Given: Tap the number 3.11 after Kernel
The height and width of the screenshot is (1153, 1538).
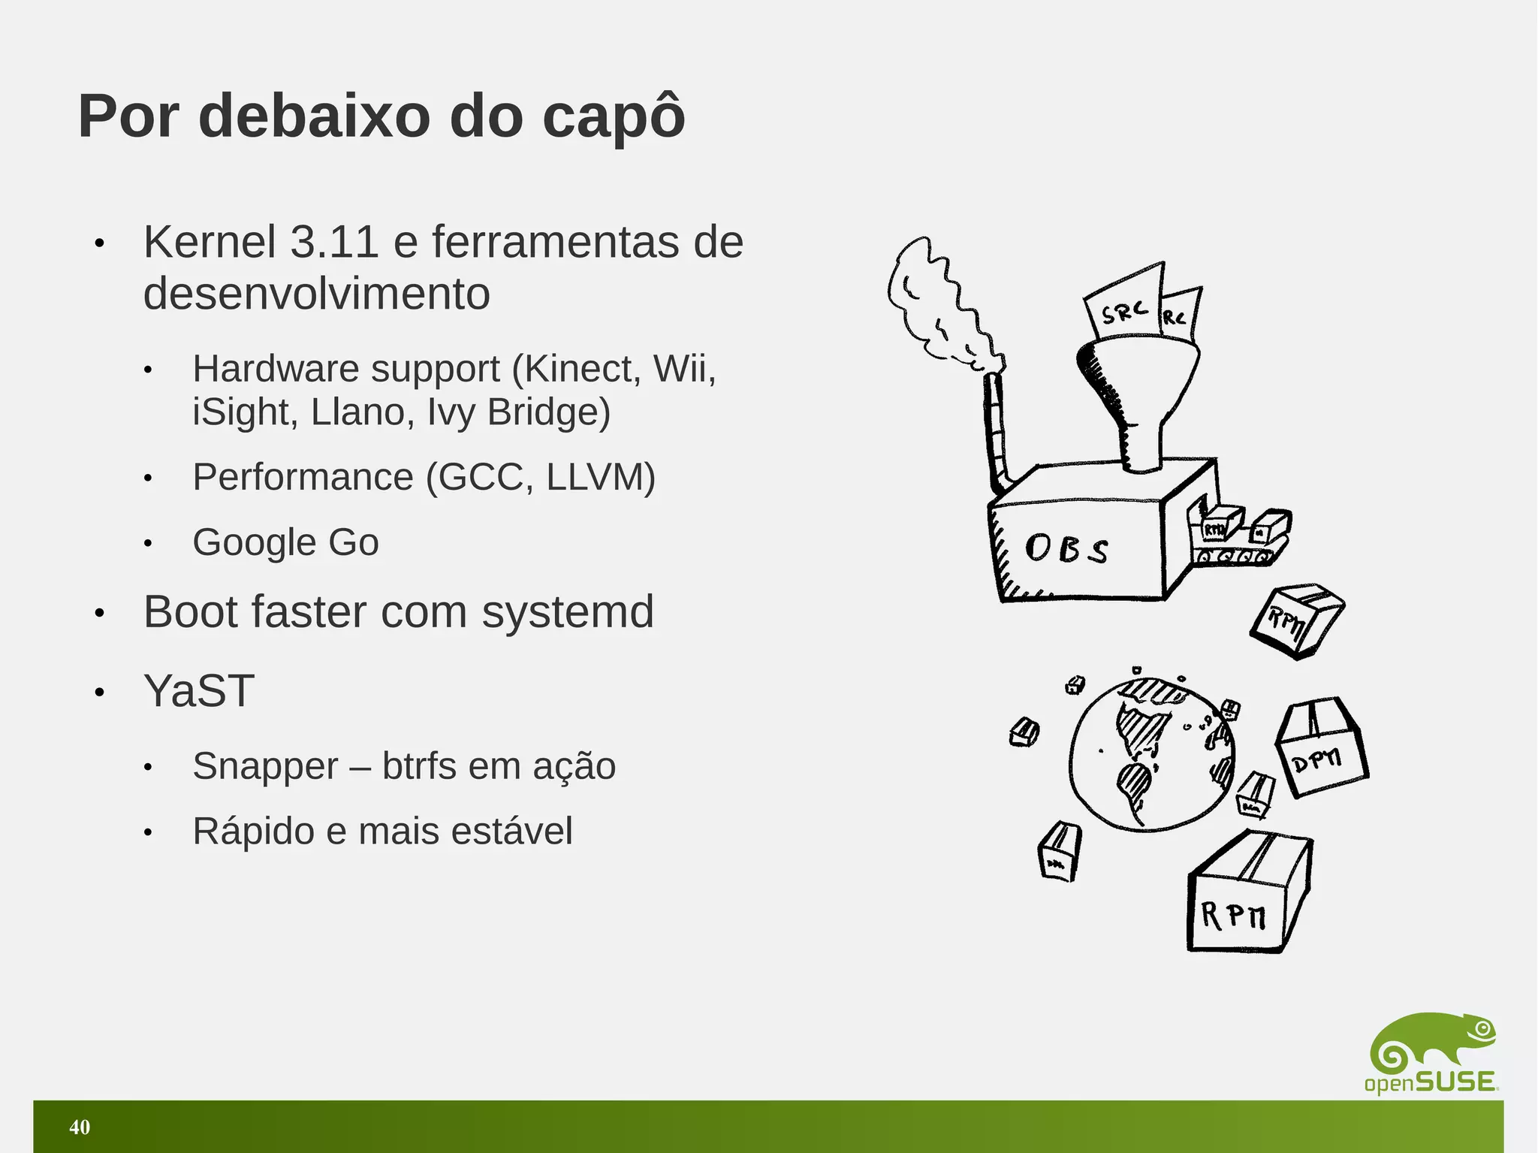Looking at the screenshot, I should point(334,243).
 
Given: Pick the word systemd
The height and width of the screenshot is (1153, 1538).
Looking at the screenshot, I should point(568,611).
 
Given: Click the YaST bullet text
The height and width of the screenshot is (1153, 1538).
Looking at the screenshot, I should point(199,690).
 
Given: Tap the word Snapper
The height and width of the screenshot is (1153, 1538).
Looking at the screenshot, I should point(265,766).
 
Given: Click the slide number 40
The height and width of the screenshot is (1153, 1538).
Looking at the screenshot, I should point(80,1127).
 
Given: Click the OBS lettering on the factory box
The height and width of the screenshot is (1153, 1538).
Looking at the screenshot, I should point(1066,548).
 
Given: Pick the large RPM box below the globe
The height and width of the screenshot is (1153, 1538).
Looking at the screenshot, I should point(1247,894).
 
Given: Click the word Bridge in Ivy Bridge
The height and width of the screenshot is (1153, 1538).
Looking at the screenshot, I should point(549,412).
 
